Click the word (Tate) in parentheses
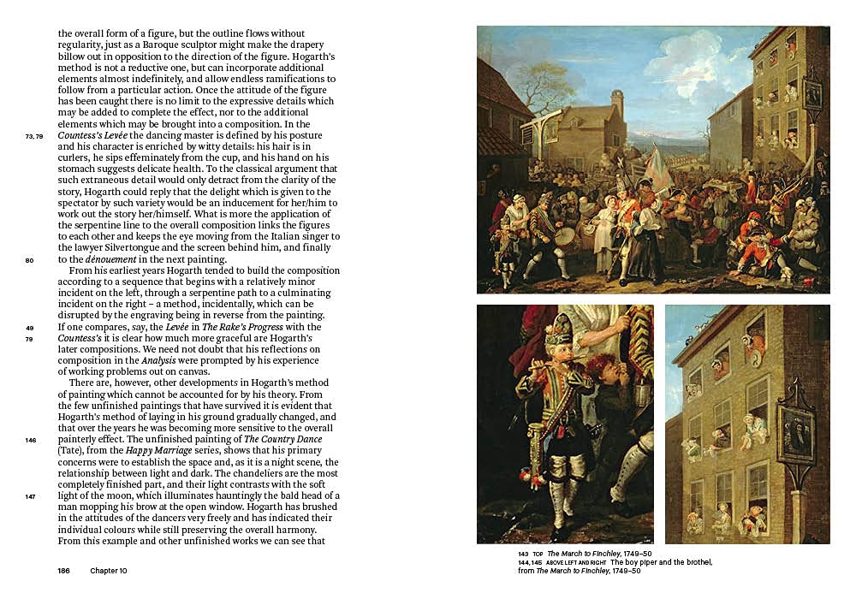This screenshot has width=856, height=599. pyautogui.click(x=72, y=451)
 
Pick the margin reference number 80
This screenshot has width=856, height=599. pyautogui.click(x=30, y=260)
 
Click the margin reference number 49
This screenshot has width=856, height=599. pyautogui.click(x=30, y=328)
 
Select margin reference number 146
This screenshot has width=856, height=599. pyautogui.click(x=31, y=440)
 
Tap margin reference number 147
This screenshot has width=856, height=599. pyautogui.click(x=31, y=496)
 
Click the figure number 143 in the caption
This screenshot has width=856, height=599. pyautogui.click(x=522, y=554)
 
